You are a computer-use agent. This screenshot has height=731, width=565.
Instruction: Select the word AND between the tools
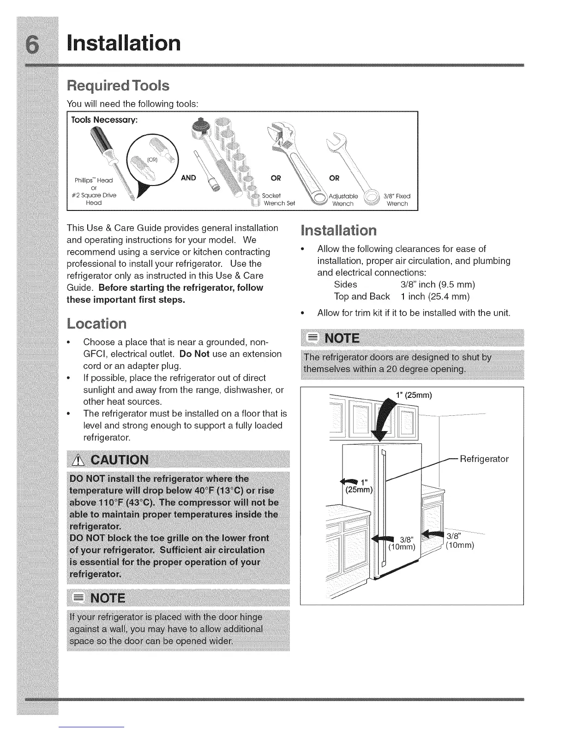tap(188, 178)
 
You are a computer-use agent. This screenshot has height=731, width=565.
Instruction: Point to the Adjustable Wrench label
tap(343, 200)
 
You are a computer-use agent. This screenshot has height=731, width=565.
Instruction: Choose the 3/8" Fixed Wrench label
tap(397, 200)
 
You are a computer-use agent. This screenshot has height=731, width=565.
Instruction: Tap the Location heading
tap(96, 324)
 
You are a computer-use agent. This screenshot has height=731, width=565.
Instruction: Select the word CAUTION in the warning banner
tap(120, 460)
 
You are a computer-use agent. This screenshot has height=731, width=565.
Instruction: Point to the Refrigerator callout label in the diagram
tap(484, 459)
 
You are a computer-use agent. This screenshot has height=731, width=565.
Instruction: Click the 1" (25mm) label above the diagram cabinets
tap(414, 395)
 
